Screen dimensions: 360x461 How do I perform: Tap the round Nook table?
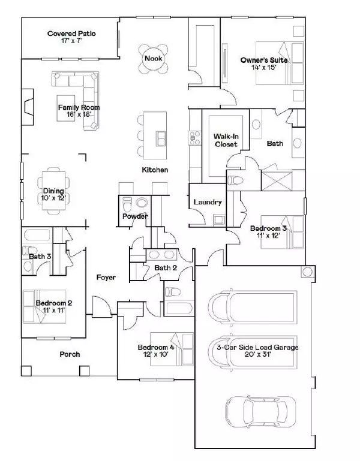[x=154, y=59]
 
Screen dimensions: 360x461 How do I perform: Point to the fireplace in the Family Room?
[x=28, y=107]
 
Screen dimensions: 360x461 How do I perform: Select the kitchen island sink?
[x=161, y=138]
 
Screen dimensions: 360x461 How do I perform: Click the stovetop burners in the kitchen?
[x=194, y=138]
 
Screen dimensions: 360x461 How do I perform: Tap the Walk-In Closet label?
[x=226, y=140]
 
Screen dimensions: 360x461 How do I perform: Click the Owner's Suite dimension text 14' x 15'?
[x=263, y=67]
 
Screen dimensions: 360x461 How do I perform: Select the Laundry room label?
[x=208, y=202]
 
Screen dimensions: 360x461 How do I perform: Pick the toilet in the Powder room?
[x=127, y=203]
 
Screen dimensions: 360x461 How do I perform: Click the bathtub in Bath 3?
[x=37, y=235]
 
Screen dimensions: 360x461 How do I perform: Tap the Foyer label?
[x=106, y=277]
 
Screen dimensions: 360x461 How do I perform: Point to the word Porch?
[x=70, y=354]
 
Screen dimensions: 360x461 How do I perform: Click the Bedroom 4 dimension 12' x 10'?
[x=156, y=354]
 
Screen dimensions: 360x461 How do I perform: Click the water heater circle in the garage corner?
[x=308, y=272]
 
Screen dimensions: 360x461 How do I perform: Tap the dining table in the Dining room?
[x=53, y=190]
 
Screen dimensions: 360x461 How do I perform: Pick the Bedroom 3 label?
[x=268, y=228]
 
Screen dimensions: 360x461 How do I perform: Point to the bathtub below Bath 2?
[x=179, y=308]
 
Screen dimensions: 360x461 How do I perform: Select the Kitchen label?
[x=155, y=170]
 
